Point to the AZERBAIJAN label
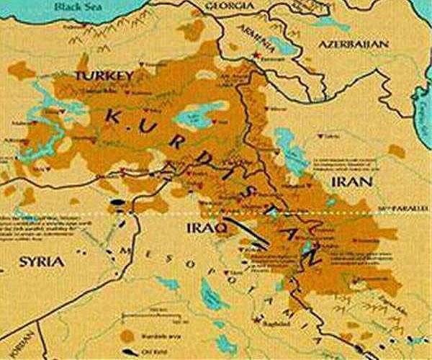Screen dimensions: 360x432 click(354, 44)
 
